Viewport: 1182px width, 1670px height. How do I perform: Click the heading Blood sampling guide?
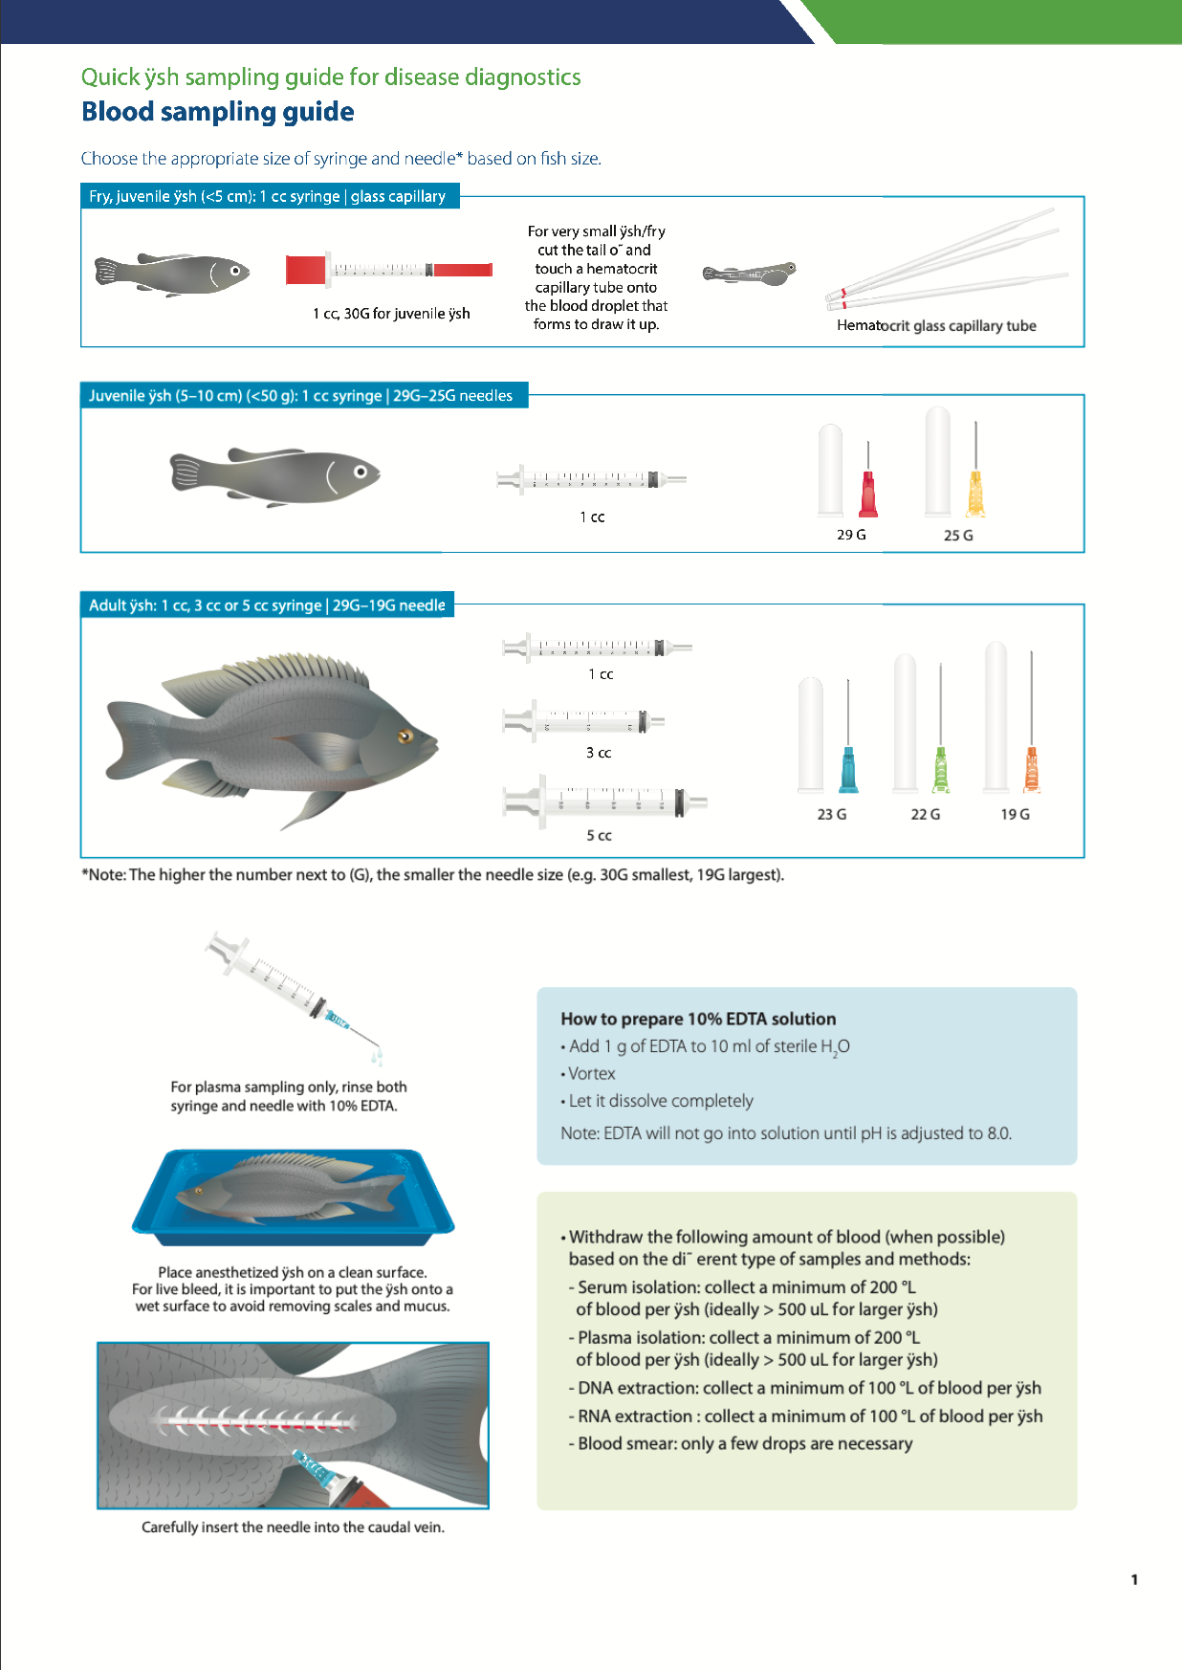click(x=217, y=112)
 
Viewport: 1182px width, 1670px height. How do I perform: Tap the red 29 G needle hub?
click(x=868, y=495)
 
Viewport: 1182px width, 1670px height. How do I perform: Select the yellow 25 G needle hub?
click(x=975, y=494)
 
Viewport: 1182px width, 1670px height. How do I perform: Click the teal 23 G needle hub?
click(x=848, y=771)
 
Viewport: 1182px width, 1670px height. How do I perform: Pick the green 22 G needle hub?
click(x=941, y=771)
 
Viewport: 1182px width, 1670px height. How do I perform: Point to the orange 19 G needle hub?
click(x=1031, y=771)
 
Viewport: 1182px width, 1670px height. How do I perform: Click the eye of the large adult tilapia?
click(x=405, y=736)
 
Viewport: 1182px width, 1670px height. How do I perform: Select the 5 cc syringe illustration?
click(x=604, y=802)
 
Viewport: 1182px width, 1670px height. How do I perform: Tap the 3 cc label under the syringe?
click(x=599, y=753)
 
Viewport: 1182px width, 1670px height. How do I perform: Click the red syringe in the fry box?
click(x=389, y=271)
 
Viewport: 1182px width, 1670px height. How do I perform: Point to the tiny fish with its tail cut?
click(x=750, y=275)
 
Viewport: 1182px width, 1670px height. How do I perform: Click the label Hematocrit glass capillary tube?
click(x=935, y=325)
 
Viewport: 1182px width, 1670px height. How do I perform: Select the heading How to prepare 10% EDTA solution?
click(x=698, y=1019)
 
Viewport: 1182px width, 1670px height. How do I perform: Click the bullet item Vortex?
click(x=591, y=1073)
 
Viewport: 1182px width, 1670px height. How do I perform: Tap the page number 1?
click(x=1134, y=1579)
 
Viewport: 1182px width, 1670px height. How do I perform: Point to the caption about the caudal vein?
click(x=293, y=1527)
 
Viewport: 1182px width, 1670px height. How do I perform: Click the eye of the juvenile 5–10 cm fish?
click(x=361, y=472)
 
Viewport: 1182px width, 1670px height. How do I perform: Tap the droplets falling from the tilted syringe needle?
click(x=378, y=1057)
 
